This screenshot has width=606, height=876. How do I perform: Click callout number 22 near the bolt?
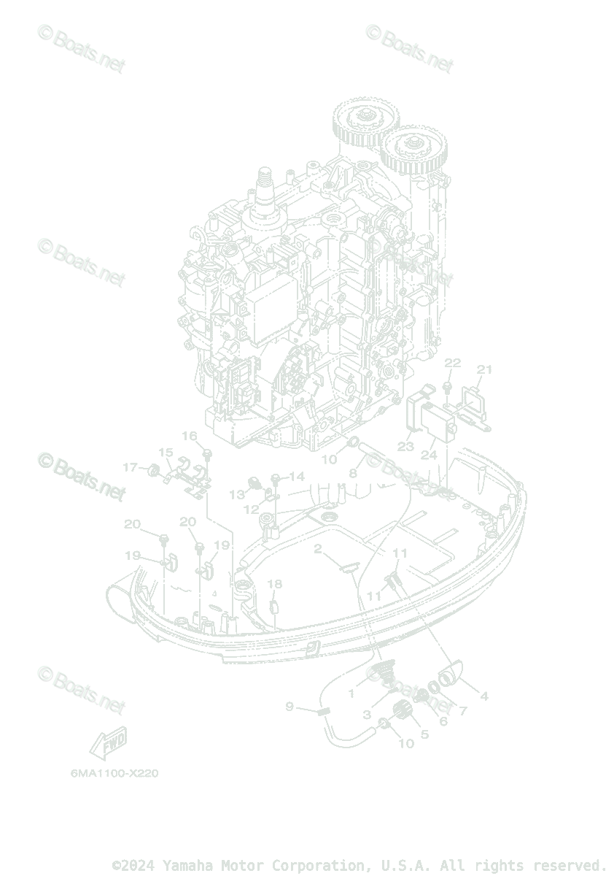(453, 363)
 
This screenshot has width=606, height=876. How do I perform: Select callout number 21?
(485, 369)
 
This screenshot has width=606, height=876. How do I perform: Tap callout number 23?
(406, 446)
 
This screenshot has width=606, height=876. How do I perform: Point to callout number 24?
(429, 454)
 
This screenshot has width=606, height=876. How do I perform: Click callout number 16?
(190, 437)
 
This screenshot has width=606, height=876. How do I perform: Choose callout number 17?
(130, 467)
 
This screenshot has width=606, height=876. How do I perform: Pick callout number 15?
(166, 453)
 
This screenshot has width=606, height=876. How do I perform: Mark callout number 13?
(237, 495)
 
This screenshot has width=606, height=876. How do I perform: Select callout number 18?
(274, 584)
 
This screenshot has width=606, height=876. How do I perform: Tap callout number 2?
(318, 548)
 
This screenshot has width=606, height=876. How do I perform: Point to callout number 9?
(290, 707)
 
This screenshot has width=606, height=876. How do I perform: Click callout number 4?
(484, 696)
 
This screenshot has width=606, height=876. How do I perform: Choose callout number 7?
(462, 710)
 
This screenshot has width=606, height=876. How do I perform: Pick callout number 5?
(424, 735)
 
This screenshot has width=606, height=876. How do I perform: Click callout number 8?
(352, 473)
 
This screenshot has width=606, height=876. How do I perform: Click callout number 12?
(251, 509)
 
